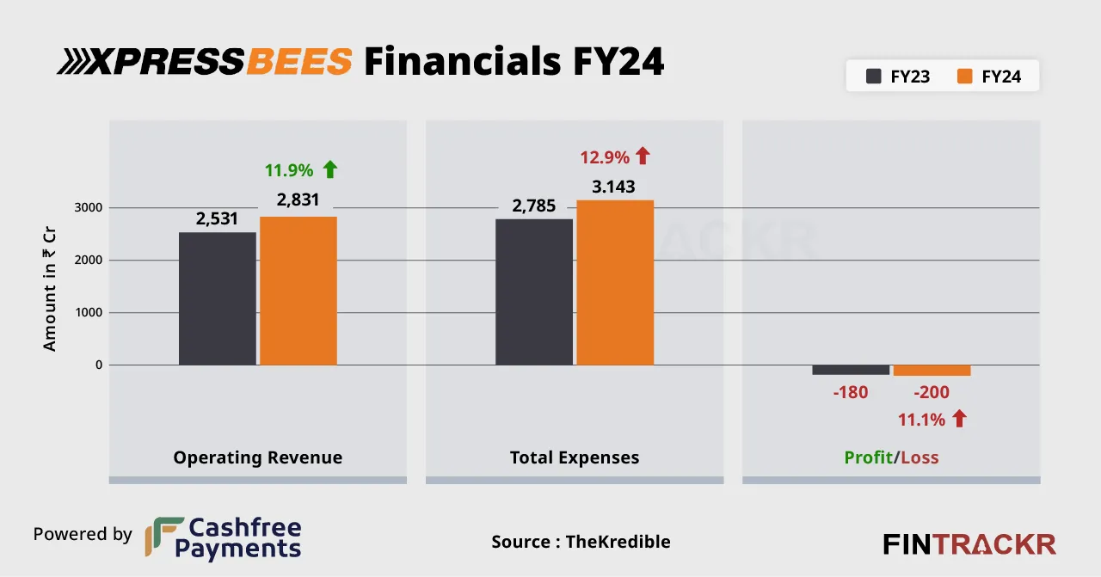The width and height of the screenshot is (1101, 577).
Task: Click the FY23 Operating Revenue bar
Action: (218, 298)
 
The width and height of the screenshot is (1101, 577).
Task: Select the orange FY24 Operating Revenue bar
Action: (298, 291)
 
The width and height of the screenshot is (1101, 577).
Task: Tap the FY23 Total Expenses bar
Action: (534, 292)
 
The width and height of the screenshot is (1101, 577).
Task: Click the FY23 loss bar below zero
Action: (851, 370)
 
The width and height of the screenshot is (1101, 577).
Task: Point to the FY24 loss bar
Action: (932, 371)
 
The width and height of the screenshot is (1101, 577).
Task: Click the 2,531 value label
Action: (217, 219)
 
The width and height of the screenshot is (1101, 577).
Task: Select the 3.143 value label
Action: (614, 187)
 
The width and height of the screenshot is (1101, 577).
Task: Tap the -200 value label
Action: (932, 393)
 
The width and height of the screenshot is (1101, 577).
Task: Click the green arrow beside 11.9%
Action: (329, 169)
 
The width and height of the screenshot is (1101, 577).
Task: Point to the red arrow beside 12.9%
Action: (643, 157)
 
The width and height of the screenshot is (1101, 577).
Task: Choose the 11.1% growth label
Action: (921, 420)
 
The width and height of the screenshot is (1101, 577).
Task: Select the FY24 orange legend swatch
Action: (964, 77)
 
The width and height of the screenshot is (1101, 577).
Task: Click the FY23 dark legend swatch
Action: (873, 77)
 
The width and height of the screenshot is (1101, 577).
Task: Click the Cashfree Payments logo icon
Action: (163, 537)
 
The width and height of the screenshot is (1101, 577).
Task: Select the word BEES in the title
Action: (298, 62)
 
